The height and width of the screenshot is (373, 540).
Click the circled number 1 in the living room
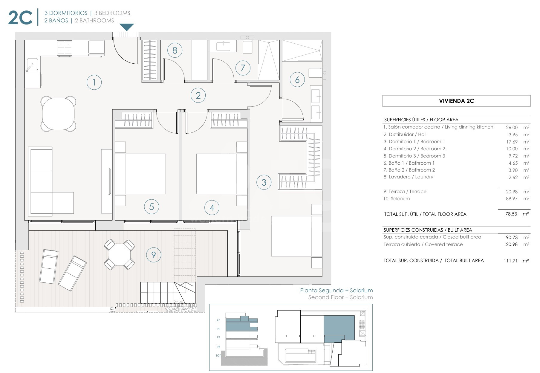(94, 82)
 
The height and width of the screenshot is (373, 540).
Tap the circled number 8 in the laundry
(175, 50)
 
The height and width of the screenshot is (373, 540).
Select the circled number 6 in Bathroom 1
(297, 80)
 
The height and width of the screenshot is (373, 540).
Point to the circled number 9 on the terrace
(154, 255)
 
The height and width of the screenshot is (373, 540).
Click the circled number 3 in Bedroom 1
(264, 182)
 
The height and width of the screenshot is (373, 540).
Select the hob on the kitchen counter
(64, 48)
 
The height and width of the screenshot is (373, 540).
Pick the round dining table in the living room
(58, 114)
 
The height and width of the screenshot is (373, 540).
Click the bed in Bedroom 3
(140, 174)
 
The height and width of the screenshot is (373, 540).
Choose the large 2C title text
(20, 18)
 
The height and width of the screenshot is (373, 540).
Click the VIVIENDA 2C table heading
(456, 101)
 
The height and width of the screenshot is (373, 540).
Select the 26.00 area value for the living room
(512, 127)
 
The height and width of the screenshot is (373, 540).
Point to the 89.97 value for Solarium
(512, 198)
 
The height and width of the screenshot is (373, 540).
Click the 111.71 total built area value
(510, 261)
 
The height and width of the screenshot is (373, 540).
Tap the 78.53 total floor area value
(511, 214)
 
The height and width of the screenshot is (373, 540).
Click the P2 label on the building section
(218, 329)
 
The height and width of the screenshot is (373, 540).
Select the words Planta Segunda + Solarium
(336, 291)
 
